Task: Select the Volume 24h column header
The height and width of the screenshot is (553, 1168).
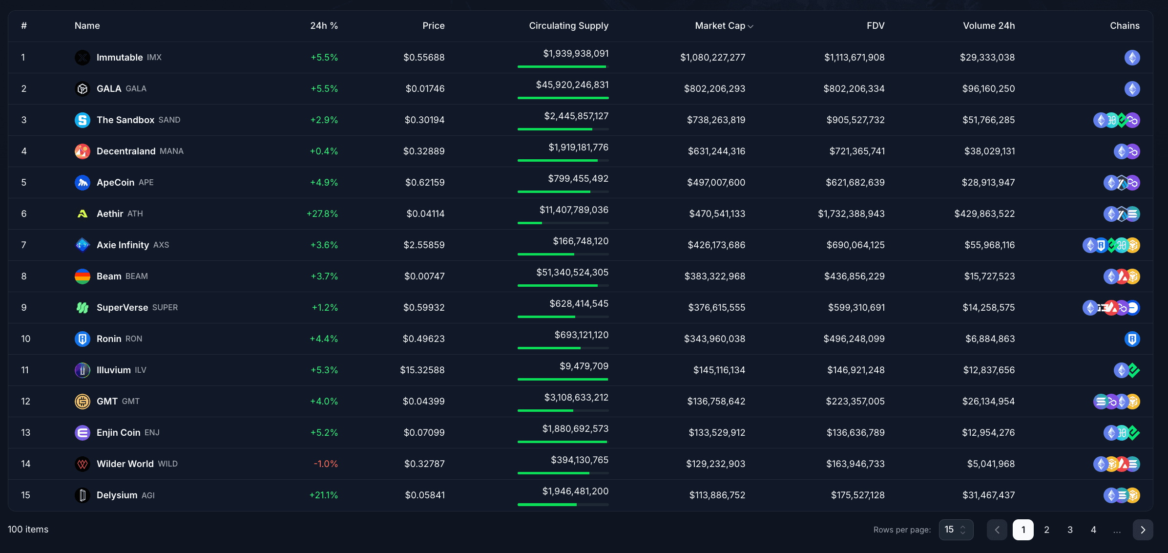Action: click(988, 26)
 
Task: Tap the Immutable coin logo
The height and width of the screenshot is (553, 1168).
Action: click(83, 58)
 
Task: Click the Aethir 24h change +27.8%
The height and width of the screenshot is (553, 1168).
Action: click(322, 213)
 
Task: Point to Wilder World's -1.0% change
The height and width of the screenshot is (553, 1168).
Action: click(326, 464)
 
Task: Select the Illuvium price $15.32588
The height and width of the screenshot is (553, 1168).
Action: click(422, 370)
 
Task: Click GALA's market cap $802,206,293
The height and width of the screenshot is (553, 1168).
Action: click(714, 88)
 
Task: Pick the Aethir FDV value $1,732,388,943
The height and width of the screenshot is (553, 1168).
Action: click(851, 213)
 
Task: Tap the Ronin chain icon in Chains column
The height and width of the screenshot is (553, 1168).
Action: click(1132, 339)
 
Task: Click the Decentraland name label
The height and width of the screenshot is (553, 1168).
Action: click(126, 151)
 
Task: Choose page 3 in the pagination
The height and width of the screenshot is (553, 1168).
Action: click(1070, 530)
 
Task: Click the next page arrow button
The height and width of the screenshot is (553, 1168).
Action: click(1143, 530)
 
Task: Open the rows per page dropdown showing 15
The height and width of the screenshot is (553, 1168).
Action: click(956, 530)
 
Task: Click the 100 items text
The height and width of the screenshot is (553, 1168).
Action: click(28, 529)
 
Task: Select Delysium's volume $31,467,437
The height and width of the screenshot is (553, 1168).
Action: click(988, 495)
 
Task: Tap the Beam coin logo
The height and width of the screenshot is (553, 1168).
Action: click(83, 276)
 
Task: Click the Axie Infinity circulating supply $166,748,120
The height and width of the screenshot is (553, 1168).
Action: click(580, 241)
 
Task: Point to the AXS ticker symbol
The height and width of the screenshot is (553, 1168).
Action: click(161, 245)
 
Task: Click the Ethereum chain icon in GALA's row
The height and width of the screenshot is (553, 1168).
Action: click(1132, 89)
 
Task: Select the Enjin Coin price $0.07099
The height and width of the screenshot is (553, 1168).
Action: click(424, 432)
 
